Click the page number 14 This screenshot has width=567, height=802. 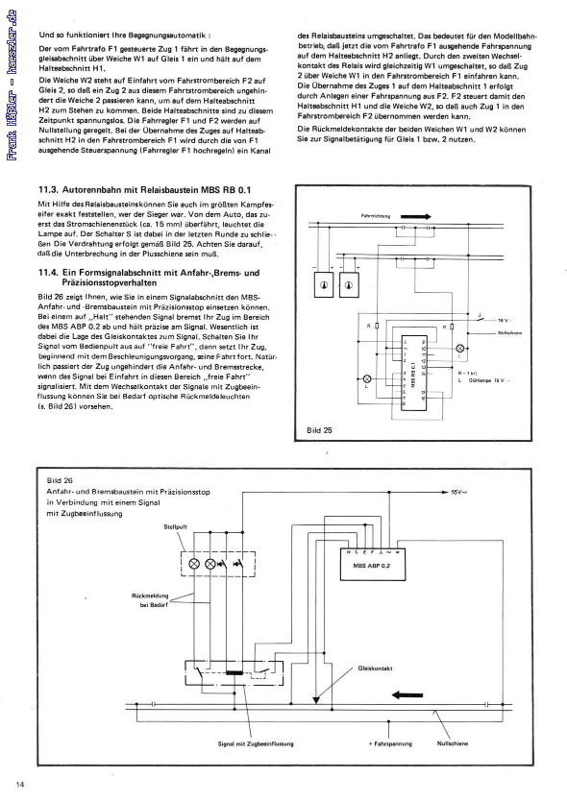pyautogui.click(x=20, y=785)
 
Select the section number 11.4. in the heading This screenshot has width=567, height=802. pyautogui.click(x=48, y=274)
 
